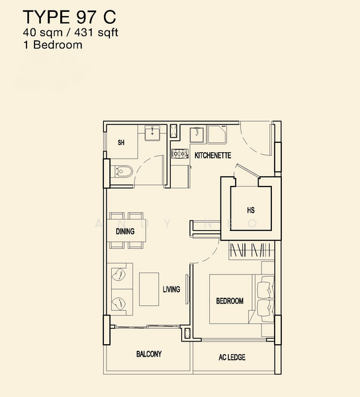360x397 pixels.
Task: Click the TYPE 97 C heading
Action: click(69, 17)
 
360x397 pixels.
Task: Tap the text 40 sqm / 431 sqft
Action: click(70, 32)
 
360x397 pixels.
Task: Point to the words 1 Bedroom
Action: click(53, 45)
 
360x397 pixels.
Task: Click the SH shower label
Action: click(121, 142)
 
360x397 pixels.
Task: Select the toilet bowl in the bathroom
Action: click(122, 171)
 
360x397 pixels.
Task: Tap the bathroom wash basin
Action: click(152, 133)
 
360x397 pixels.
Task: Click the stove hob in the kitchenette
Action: click(180, 154)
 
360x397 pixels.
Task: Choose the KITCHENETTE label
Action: click(212, 155)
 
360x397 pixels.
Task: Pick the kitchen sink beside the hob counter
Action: click(197, 134)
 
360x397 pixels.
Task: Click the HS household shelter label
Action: click(251, 210)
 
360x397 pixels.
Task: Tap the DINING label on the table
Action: click(125, 231)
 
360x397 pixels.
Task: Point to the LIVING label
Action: click(171, 289)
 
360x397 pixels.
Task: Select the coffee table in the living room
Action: click(149, 289)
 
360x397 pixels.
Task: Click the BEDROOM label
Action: click(230, 301)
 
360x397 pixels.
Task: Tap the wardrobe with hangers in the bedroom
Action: click(251, 250)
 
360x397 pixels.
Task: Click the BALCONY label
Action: click(149, 354)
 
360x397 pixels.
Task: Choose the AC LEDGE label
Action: click(232, 357)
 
